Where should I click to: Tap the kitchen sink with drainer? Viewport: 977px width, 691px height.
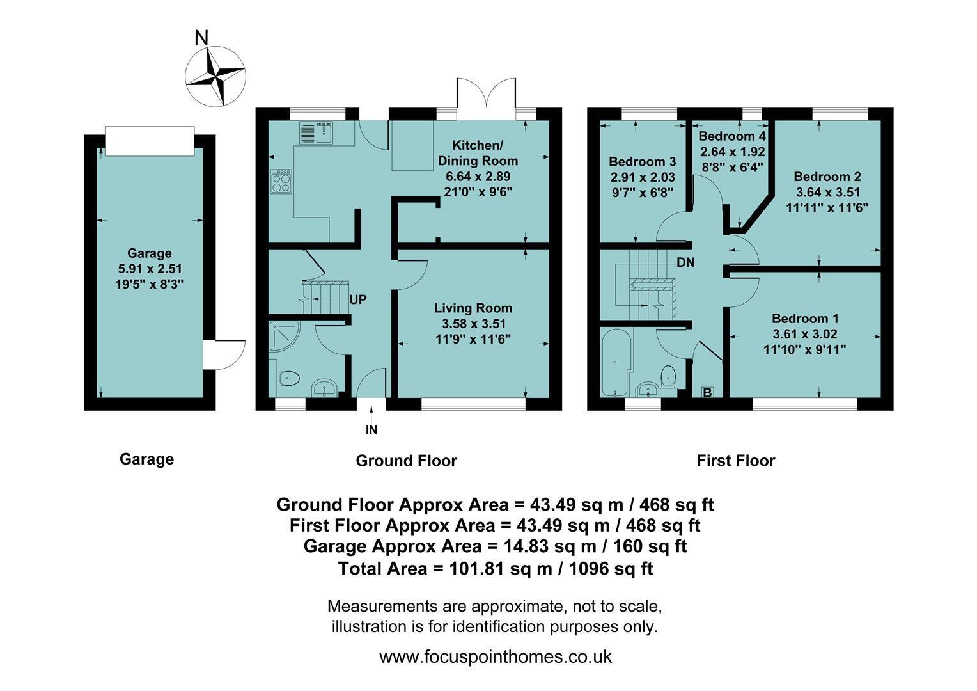(317, 132)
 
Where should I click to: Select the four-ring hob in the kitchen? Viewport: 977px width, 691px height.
(281, 182)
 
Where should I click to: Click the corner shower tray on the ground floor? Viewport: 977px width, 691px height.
(284, 337)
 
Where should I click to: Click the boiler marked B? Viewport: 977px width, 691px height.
(707, 392)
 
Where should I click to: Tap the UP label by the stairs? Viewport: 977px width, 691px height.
(357, 299)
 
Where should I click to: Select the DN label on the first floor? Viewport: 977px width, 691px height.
(685, 262)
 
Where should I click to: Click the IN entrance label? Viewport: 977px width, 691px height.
(371, 430)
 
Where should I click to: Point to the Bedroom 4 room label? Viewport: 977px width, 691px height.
(732, 136)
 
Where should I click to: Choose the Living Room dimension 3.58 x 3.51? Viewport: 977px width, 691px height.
(473, 324)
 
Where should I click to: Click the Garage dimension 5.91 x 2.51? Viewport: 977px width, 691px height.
(150, 269)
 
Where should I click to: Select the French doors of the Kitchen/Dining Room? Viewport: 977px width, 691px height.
(487, 100)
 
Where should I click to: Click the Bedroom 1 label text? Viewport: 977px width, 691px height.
(805, 318)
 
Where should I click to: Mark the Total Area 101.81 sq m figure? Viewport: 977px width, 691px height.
(496, 568)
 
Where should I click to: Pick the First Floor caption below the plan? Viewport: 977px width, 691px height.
(736, 461)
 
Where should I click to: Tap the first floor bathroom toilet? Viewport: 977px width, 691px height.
(668, 377)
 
